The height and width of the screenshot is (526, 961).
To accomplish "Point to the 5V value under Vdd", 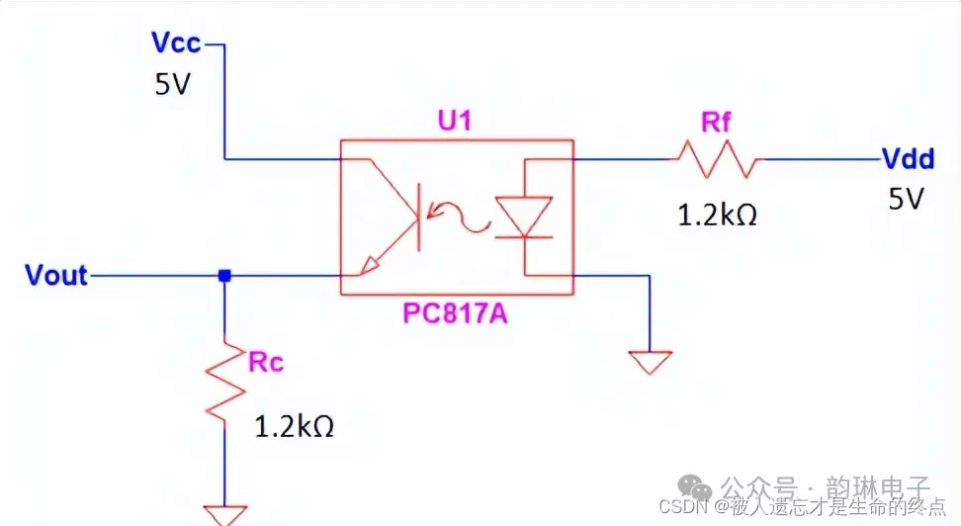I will click(x=905, y=200).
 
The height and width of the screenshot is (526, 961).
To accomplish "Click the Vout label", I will click(x=56, y=276).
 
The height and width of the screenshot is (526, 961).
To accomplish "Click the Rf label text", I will click(x=717, y=123).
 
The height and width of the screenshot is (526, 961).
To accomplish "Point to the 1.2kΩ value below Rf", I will click(x=718, y=215).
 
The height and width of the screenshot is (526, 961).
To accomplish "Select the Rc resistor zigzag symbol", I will click(x=225, y=379).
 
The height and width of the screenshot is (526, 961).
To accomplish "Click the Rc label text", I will click(x=266, y=362).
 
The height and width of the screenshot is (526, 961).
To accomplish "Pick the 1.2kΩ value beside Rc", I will click(x=295, y=427).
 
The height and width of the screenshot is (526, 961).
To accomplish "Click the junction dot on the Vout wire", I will click(x=224, y=277).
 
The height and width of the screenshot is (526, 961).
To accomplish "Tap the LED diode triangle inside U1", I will click(x=523, y=215).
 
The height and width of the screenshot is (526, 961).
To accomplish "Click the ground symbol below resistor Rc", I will click(x=224, y=514).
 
